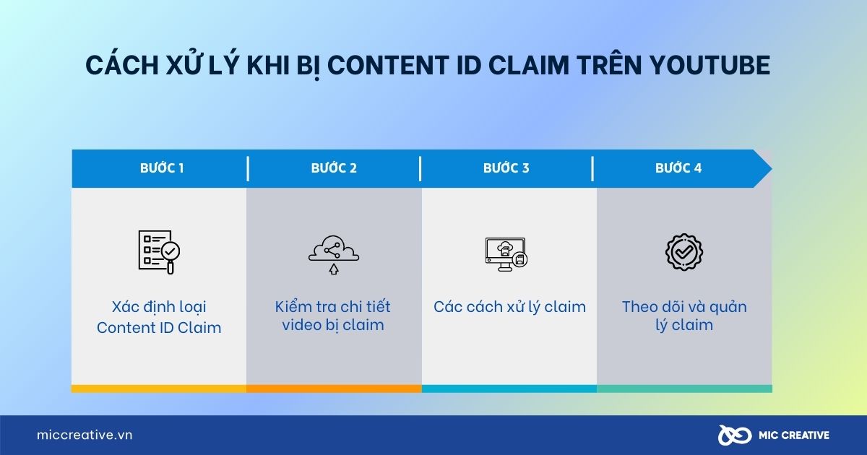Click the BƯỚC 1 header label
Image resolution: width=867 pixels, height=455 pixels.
pos(162,168)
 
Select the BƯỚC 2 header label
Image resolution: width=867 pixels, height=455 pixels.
pos(334,168)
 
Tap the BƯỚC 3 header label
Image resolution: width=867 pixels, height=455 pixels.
pos(506,168)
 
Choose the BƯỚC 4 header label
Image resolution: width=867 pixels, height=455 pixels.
pos(678,168)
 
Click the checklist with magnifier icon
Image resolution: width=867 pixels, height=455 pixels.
pos(159,251)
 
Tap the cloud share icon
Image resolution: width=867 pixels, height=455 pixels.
pos(333,253)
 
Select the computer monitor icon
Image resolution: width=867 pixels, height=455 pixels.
pos(506,253)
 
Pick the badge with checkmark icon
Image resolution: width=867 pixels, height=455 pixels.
pos(683,251)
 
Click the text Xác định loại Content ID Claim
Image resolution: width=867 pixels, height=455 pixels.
pos(159,317)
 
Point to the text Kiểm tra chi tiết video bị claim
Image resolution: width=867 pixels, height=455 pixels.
pos(333,316)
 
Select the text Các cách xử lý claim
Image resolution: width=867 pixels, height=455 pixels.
pos(509,307)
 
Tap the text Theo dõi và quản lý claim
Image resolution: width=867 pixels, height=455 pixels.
pos(683,316)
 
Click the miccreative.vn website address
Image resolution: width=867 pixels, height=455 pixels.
pos(85,435)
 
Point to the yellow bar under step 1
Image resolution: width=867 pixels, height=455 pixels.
pos(159,389)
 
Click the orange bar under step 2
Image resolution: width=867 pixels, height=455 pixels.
pos(334,389)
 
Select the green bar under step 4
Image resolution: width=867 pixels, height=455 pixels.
pos(684,389)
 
